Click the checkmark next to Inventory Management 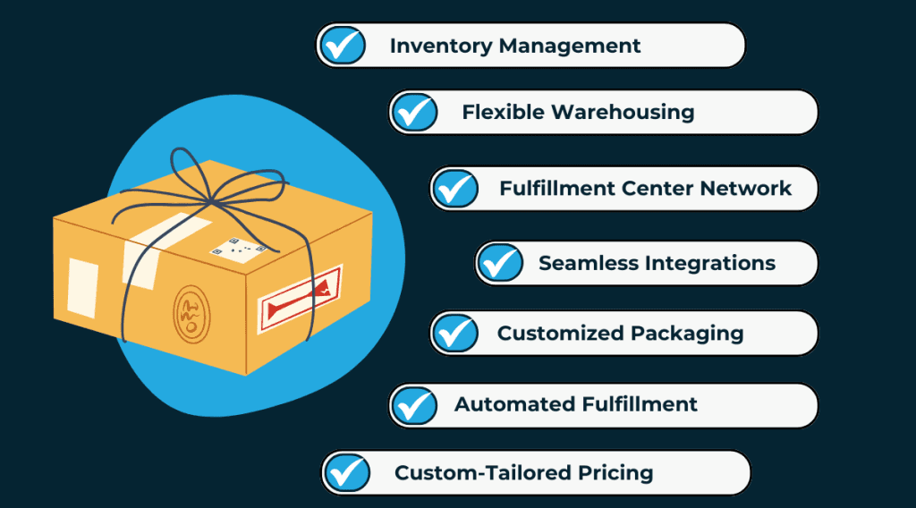[343, 46]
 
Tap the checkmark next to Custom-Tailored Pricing [347, 472]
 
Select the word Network [747, 189]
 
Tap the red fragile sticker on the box [301, 299]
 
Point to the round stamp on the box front [191, 310]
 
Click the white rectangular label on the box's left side [82, 286]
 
